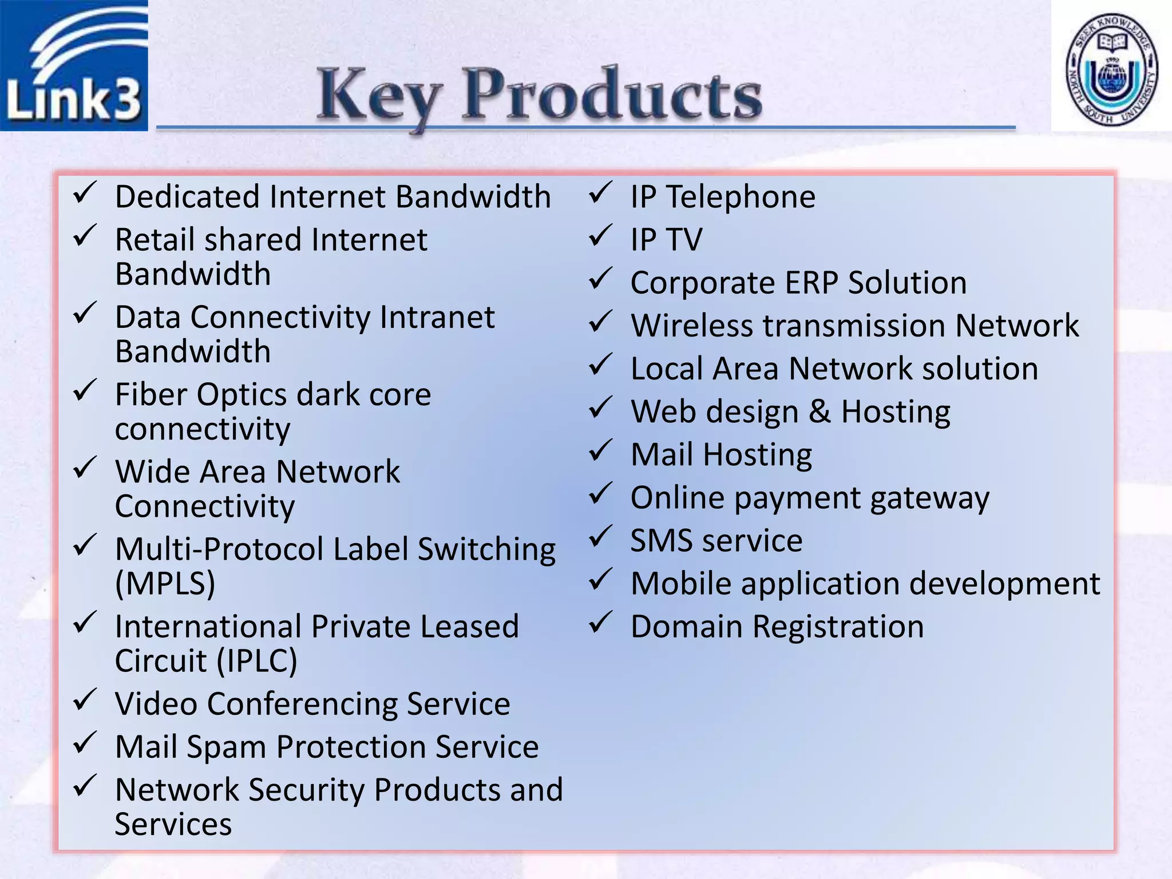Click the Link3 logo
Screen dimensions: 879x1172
[73, 65]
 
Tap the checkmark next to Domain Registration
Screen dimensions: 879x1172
[601, 623]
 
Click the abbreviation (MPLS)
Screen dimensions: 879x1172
[165, 584]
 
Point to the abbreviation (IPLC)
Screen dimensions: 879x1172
[257, 662]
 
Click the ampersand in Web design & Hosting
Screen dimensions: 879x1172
[819, 412]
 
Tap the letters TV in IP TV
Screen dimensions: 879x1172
[684, 240]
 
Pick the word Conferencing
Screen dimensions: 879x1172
[302, 704]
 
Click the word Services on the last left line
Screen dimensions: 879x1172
[173, 825]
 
